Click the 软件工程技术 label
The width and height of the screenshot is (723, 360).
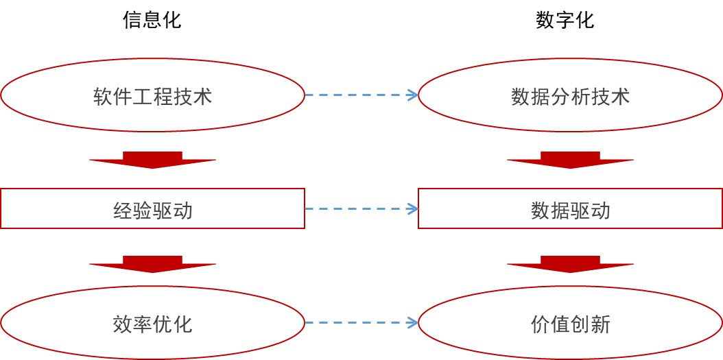152,96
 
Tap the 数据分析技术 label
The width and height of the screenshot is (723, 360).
570,96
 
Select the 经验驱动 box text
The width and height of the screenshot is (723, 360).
152,210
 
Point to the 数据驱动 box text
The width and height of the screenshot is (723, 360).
570,210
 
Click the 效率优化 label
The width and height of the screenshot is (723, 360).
152,324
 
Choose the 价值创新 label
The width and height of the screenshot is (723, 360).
570,324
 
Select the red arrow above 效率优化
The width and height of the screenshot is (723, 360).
152,265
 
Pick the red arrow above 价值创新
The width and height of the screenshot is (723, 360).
570,265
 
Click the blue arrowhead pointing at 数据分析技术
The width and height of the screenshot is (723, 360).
414,95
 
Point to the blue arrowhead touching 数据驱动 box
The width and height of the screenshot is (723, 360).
414,208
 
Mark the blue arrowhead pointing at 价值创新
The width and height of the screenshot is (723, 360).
414,322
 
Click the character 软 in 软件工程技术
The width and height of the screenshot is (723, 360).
103,96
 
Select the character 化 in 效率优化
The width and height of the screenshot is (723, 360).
182,324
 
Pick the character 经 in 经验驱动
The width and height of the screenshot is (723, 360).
123,210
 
